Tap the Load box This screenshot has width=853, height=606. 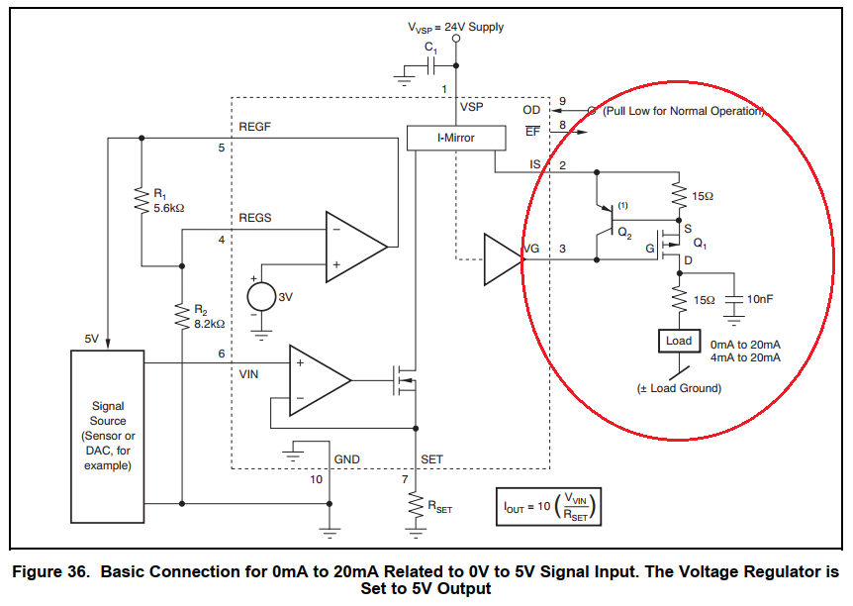[679, 341]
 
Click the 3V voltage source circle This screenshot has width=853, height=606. [263, 296]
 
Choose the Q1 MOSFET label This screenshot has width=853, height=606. [701, 243]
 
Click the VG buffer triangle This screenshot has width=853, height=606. [501, 258]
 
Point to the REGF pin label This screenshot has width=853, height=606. [255, 127]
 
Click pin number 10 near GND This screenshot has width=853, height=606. [316, 479]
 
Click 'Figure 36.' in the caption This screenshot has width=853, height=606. [50, 571]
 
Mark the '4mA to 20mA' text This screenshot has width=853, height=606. [745, 356]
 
